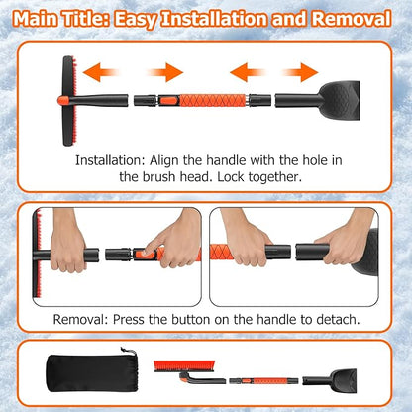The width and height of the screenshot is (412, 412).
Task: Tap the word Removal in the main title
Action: (x=350, y=18)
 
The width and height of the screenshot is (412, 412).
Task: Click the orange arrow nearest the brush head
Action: (x=105, y=70)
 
